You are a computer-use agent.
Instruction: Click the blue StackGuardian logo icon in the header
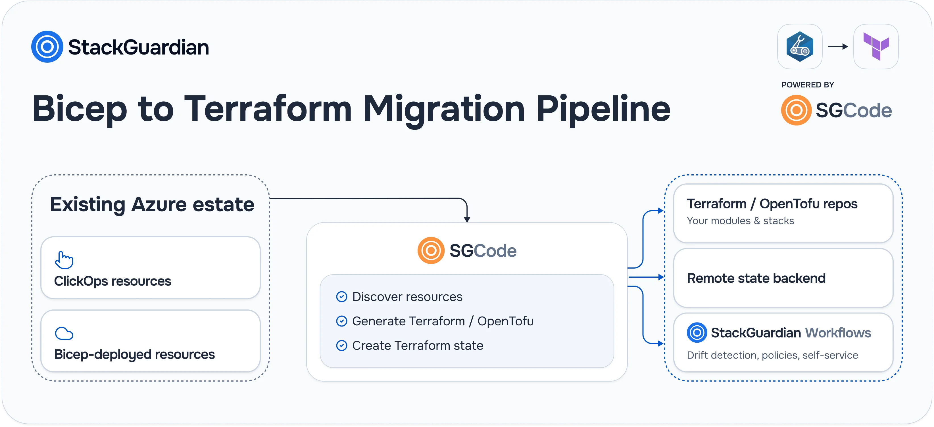click(47, 47)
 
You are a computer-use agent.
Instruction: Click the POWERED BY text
click(808, 85)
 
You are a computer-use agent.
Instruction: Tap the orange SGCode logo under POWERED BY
click(796, 110)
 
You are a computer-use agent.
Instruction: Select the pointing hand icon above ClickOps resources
click(64, 260)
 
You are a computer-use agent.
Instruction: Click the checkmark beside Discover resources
click(341, 297)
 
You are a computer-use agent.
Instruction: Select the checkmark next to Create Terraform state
click(341, 346)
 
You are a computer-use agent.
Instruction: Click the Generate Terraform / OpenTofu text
click(443, 321)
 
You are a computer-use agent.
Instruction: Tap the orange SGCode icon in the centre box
click(431, 250)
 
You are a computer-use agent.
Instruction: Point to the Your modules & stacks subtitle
click(740, 221)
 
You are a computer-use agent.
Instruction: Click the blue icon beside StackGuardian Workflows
click(697, 332)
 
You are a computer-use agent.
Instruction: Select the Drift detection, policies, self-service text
click(772, 355)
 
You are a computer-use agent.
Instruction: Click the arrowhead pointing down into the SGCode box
click(467, 219)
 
